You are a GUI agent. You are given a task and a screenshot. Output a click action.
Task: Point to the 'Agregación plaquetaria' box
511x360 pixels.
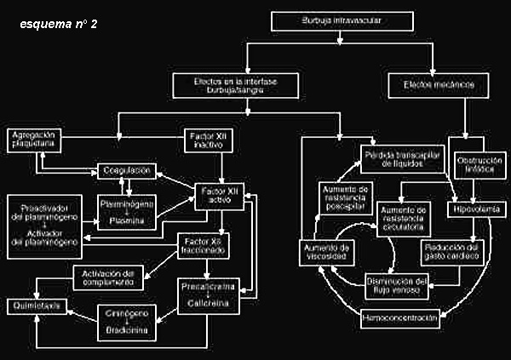pyautogui.click(x=33, y=139)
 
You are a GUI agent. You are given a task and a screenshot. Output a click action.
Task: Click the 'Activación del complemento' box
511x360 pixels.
pyautogui.click(x=106, y=277)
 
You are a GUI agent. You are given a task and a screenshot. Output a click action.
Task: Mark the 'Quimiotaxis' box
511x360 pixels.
pyautogui.click(x=37, y=305)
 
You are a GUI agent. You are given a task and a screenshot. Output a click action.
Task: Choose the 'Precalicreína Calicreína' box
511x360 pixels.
pyautogui.click(x=209, y=294)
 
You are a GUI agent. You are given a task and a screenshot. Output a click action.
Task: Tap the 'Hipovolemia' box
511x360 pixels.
pyautogui.click(x=479, y=209)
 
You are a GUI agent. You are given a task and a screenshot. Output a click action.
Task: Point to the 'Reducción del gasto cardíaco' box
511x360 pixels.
pyautogui.click(x=451, y=251)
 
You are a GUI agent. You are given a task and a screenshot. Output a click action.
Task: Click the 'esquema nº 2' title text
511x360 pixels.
pyautogui.click(x=59, y=24)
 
